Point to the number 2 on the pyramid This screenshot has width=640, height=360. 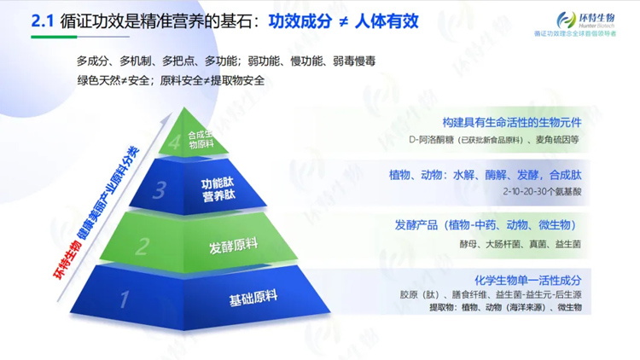point(143,247)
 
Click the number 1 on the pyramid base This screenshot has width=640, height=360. point(125,300)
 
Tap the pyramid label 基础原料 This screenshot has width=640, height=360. point(253,299)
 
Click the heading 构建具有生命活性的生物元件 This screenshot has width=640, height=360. point(511,122)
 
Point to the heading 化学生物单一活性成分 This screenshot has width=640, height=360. point(528,280)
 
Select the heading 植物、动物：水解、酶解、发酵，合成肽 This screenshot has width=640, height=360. point(485,174)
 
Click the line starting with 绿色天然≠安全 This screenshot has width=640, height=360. point(171,81)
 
